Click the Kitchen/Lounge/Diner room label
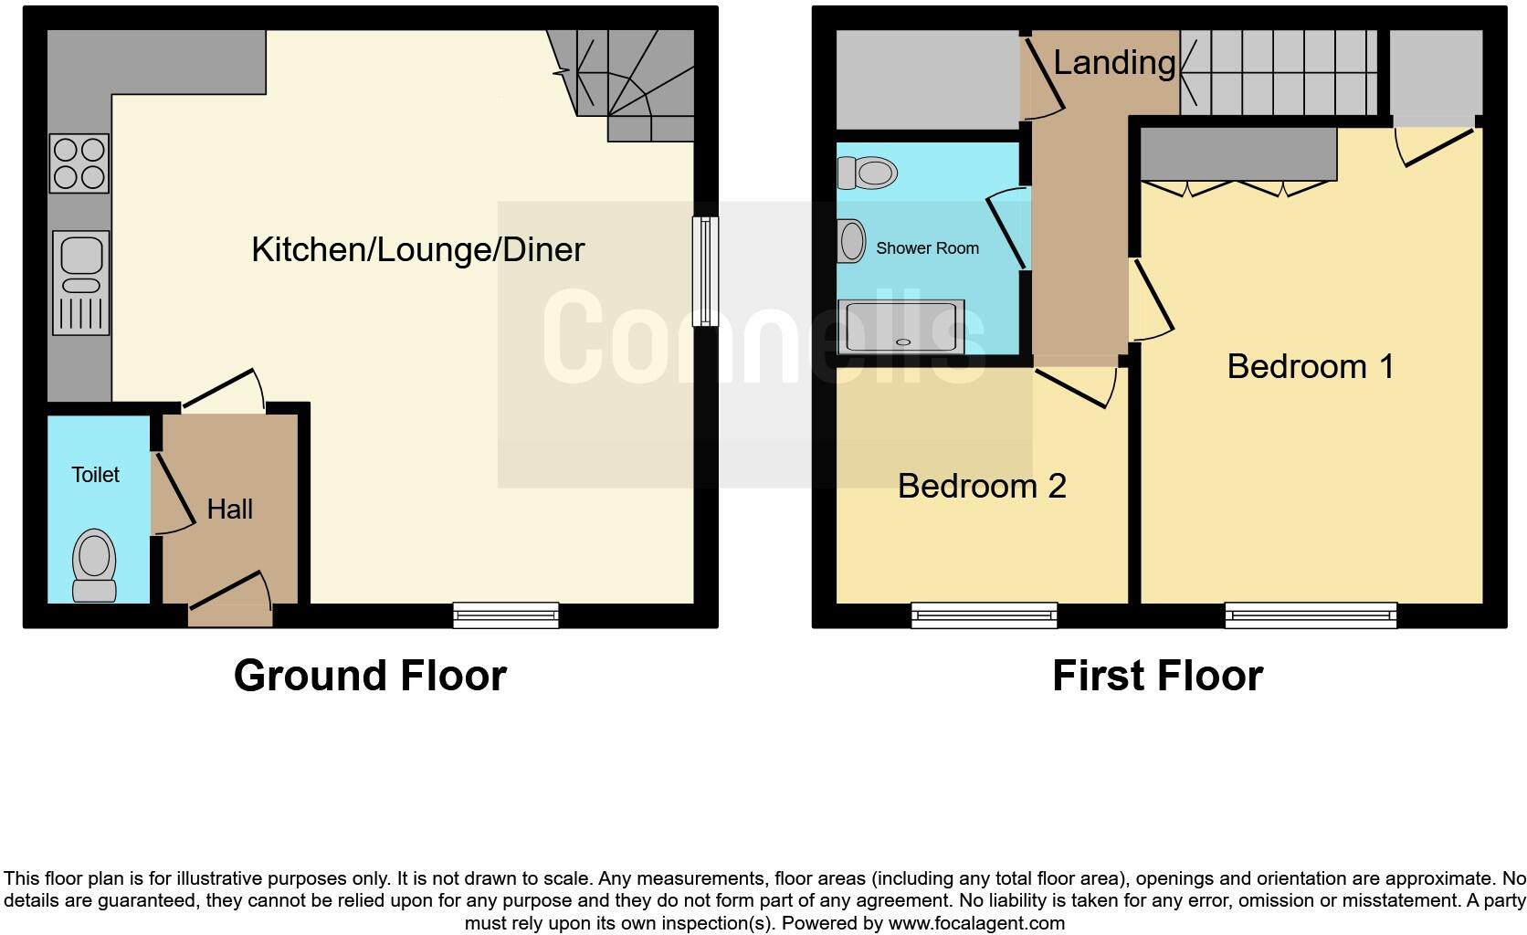coord(417,249)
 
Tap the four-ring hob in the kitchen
coord(80,163)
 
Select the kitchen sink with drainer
coord(81,282)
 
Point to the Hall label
coord(229,509)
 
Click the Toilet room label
coord(95,475)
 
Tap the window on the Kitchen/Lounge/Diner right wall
coord(704,271)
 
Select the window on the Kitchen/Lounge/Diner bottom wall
coord(506,615)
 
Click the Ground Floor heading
coord(370,676)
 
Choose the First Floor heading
coord(1157,676)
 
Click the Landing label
coord(1114,62)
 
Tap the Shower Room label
coord(927,248)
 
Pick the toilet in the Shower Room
coord(868,172)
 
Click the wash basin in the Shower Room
coord(852,242)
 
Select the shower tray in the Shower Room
coord(904,326)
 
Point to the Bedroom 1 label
coord(1311,366)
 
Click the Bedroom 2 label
coord(982,486)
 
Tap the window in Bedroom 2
coord(984,616)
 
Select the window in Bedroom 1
coord(1311,616)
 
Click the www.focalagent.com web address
coord(976,923)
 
